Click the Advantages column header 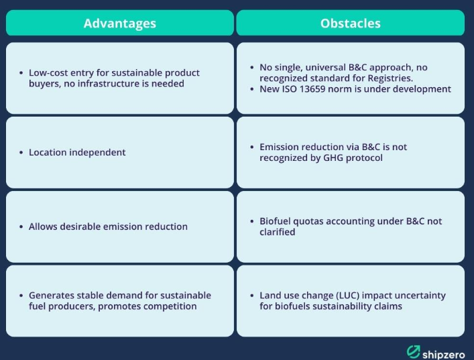point(120,23)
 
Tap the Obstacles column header point(351,23)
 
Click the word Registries point(390,78)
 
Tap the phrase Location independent point(77,152)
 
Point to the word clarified point(277,232)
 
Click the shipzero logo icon point(413,351)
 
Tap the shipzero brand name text point(443,354)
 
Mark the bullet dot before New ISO point(252,89)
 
